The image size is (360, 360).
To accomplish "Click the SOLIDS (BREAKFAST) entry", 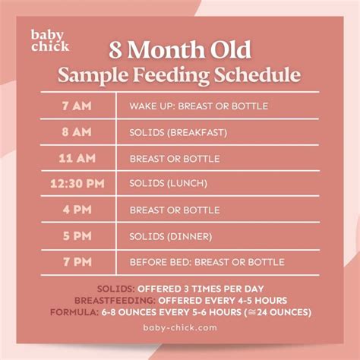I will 178,132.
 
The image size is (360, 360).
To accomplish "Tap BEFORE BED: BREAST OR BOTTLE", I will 207,262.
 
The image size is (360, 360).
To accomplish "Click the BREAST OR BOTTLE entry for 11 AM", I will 175,158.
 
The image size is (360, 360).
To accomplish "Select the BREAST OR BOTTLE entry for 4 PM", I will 175,210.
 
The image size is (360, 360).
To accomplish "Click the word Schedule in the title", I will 263,76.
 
